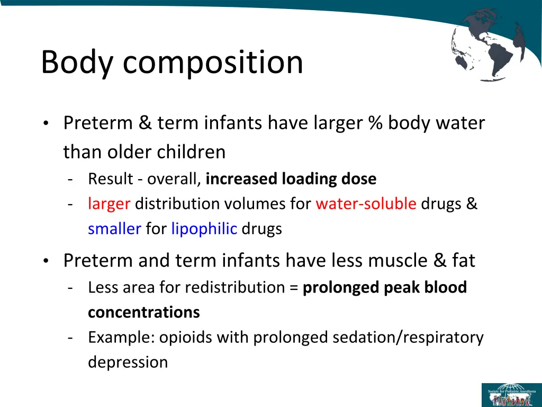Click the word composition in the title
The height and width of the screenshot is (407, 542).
tap(213, 63)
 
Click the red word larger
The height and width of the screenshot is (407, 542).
tap(109, 204)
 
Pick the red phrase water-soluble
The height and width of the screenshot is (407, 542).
tap(366, 204)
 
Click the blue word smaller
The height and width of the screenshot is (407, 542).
tap(114, 229)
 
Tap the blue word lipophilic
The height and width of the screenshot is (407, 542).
tap(204, 229)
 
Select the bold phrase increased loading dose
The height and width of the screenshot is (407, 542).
tap(291, 179)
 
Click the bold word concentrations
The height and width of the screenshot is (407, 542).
tap(144, 313)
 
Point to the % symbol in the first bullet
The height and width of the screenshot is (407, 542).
tap(377, 123)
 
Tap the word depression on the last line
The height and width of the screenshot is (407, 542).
tap(128, 362)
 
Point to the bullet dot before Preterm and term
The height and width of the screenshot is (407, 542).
tap(47, 261)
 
